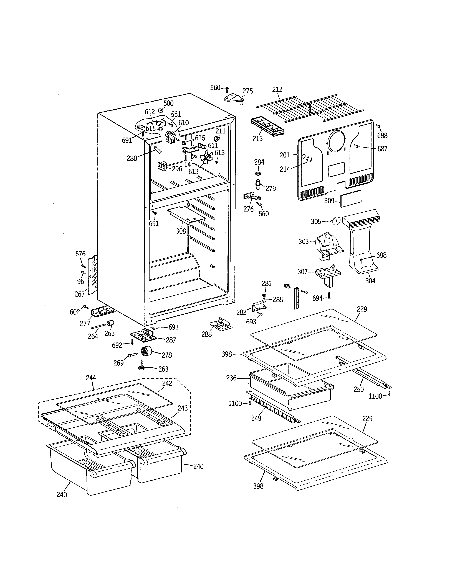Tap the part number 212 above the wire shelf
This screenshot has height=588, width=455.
pyautogui.click(x=277, y=89)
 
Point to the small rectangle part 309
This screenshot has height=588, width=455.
pyautogui.click(x=351, y=198)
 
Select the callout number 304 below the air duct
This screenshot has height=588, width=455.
pyautogui.click(x=370, y=281)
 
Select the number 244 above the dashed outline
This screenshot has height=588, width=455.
pyautogui.click(x=91, y=378)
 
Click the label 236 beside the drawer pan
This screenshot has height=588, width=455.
pyautogui.click(x=231, y=378)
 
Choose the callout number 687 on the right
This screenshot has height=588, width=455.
pyautogui.click(x=382, y=149)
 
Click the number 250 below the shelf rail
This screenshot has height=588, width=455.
pyautogui.click(x=358, y=389)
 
